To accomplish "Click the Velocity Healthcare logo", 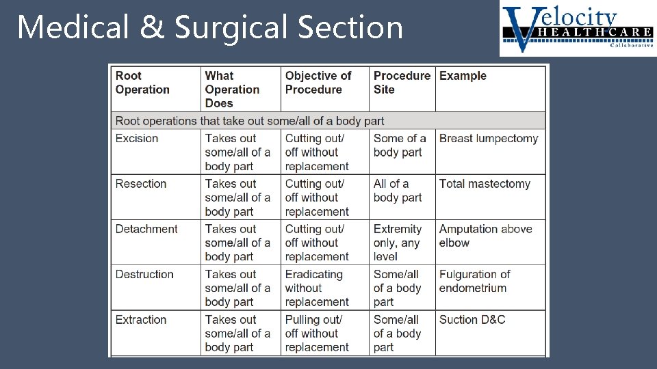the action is pos(577,29).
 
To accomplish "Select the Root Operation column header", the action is pos(142,83).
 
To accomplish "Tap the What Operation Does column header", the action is pos(232,90).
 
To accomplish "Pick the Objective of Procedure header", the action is pos(318,83).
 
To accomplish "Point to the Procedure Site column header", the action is pos(401,83).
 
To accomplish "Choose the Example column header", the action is pos(463,76).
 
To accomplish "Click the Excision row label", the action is pos(137,138).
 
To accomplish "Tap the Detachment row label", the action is pos(146,229).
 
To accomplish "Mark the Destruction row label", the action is pos(144,274).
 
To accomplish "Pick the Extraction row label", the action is pos(141,320).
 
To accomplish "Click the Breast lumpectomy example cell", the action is pos(489,138).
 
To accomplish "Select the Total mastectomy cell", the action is pos(485,184).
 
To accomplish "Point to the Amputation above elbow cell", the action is pos(485,236).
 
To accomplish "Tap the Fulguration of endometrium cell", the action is pos(474,281).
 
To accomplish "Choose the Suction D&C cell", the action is pos(472,320).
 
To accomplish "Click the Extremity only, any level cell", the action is pos(398,243).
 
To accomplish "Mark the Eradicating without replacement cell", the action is pos(317,288).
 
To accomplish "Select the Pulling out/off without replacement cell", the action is pos(317,333).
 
